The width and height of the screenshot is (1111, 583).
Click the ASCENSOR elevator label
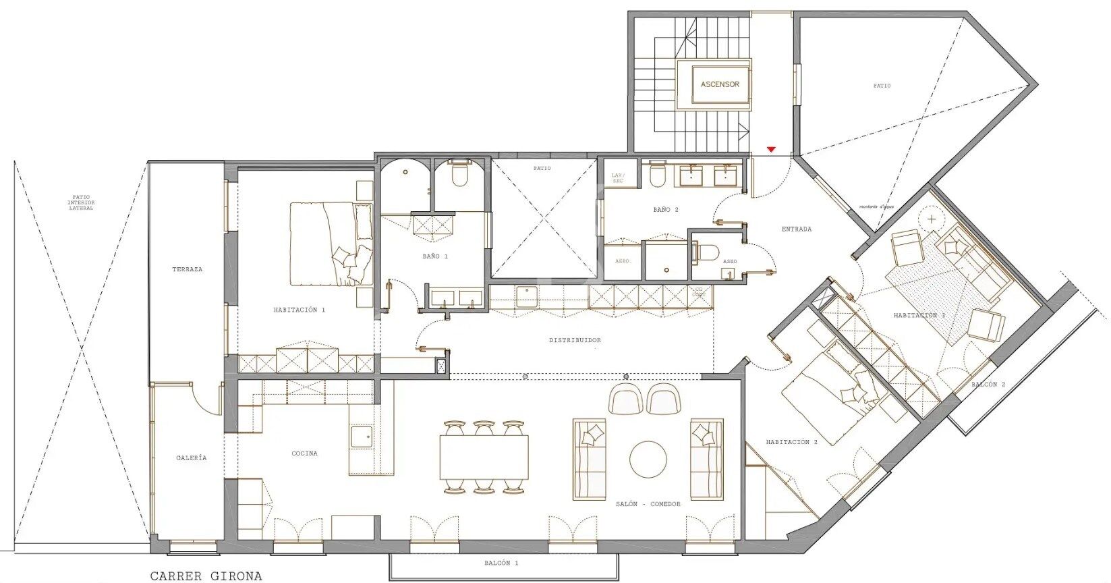tap(720, 85)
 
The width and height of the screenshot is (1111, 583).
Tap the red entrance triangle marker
tap(772, 149)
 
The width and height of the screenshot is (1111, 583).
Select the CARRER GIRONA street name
tap(206, 576)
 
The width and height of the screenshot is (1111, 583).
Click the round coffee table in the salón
tap(648, 460)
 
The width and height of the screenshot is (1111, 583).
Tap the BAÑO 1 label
tap(436, 256)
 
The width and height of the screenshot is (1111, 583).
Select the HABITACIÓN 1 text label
tap(300, 310)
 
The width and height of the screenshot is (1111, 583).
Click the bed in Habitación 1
tap(331, 244)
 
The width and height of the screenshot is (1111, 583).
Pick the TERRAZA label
tap(187, 269)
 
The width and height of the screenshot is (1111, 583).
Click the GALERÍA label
tap(192, 457)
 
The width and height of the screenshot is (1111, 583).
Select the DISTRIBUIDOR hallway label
tap(575, 341)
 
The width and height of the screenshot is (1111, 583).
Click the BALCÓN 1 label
tap(501, 563)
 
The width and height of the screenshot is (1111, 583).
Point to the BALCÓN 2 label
tap(988, 385)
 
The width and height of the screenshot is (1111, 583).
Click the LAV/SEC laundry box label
tap(618, 179)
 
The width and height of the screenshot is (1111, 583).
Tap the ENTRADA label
tap(797, 229)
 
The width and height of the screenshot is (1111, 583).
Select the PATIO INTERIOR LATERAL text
tap(82, 203)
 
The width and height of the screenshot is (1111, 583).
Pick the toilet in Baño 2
tap(656, 177)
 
